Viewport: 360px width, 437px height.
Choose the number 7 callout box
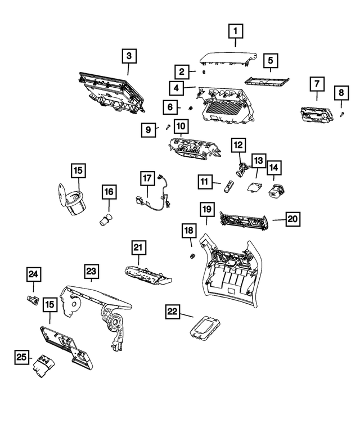[317, 85]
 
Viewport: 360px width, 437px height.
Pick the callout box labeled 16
[108, 193]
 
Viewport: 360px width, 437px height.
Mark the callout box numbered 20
[292, 219]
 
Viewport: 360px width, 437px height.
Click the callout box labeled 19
[206, 210]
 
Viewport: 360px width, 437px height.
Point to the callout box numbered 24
[34, 274]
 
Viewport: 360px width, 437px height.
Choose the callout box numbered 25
[22, 357]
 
